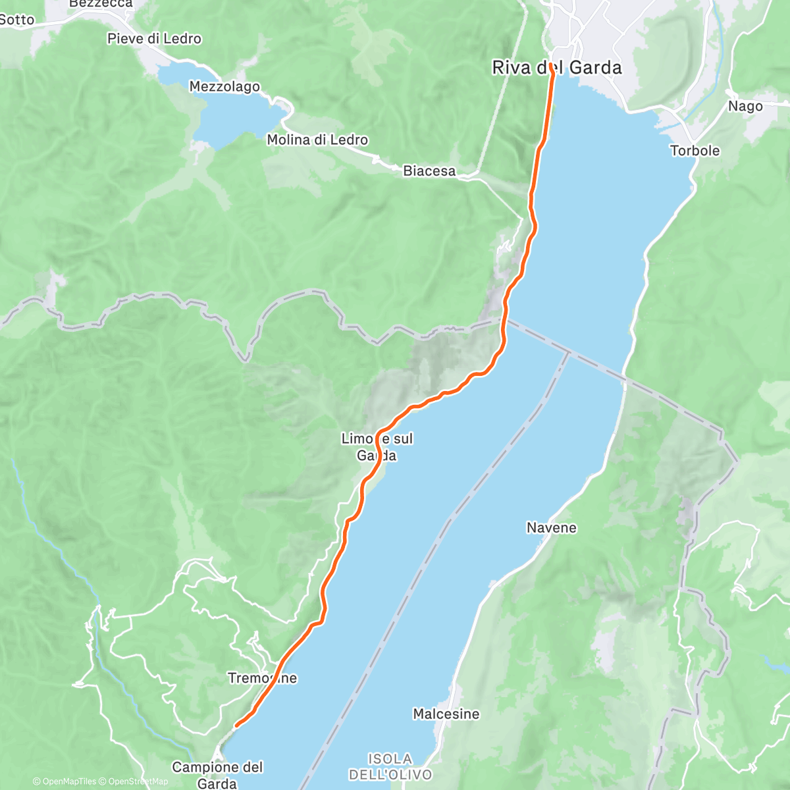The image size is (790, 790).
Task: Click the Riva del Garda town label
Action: [556, 68]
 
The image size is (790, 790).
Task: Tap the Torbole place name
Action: [695, 151]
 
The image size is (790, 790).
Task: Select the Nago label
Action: [745, 106]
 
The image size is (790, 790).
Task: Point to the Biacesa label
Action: [429, 171]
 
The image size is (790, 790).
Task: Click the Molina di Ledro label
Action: [317, 140]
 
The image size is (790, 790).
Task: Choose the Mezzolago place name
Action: [224, 87]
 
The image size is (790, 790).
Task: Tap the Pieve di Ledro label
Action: [154, 39]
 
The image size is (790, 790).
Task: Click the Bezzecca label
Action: [100, 4]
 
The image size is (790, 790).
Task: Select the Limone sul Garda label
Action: [377, 447]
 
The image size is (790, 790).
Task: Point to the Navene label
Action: [551, 528]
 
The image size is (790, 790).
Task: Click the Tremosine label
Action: [262, 678]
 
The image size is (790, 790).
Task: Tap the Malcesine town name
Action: [446, 714]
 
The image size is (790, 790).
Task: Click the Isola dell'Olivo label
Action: [390, 767]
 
